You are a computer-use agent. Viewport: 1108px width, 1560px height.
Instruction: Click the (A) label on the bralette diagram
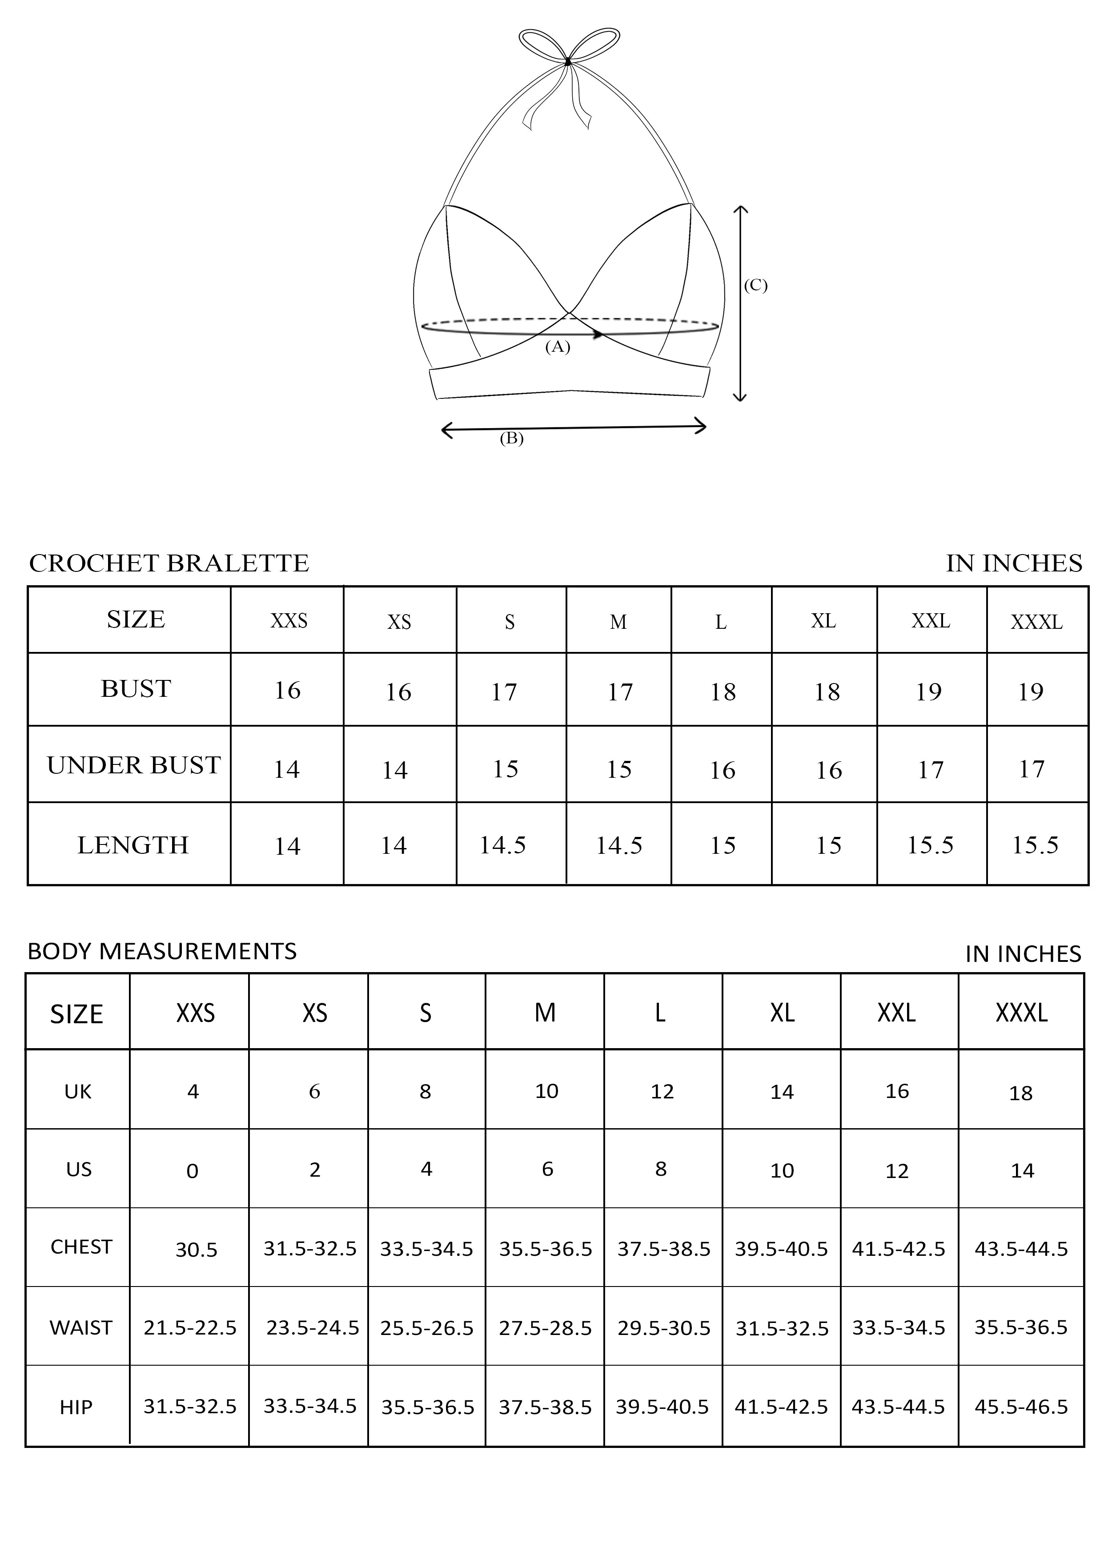pos(558,347)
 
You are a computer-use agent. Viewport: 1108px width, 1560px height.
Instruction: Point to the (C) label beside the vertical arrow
pos(755,285)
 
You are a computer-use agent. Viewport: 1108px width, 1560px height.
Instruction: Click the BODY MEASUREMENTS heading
pos(162,951)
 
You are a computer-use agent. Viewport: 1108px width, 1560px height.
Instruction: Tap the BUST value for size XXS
pos(287,691)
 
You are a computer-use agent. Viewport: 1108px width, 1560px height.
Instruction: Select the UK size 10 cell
pos(546,1091)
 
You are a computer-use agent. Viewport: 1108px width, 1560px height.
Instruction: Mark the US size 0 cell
pos(193,1171)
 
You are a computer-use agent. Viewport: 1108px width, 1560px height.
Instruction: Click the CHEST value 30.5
pos(197,1250)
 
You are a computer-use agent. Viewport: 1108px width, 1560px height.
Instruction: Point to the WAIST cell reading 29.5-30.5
pos(663,1328)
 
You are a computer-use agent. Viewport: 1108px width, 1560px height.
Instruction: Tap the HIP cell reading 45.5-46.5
pos(1021,1407)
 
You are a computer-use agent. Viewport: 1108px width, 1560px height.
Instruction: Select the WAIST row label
pos(80,1328)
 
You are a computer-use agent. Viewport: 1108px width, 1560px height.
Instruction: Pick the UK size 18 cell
pos(1021,1093)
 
